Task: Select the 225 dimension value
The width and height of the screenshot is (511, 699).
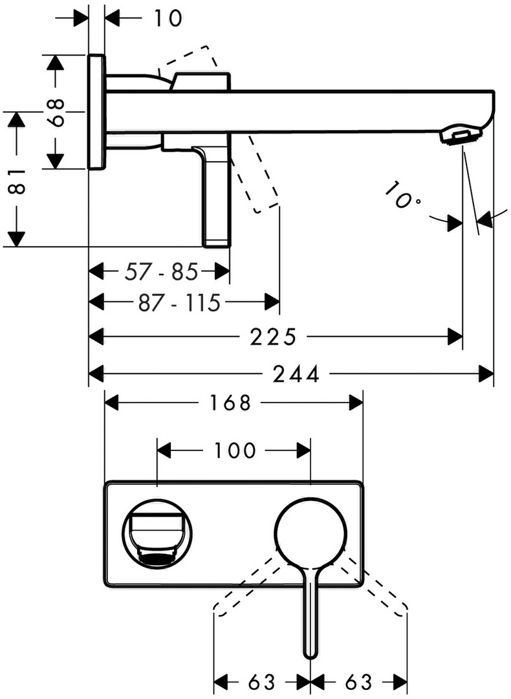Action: pos(272,337)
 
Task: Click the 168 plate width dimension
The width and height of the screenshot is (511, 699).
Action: pos(229,403)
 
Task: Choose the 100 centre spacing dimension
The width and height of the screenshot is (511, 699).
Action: pos(234,449)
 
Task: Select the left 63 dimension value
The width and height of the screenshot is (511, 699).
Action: pos(261,682)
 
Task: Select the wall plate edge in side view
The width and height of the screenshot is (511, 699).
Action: pos(96,111)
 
